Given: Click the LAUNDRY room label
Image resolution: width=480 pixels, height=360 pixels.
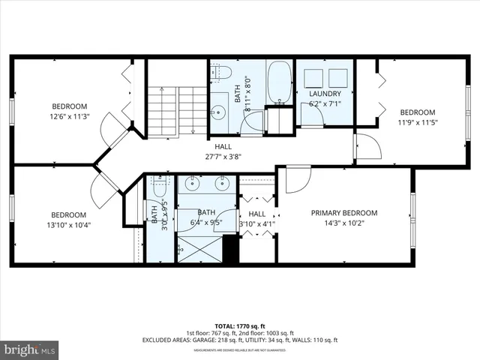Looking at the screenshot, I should point(325,94).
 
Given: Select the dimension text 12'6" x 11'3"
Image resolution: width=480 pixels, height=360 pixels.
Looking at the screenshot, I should point(70,115).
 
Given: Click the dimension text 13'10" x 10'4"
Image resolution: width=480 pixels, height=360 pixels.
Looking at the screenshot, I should point(70,225).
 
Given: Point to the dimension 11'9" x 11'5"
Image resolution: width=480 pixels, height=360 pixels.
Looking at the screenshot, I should point(416,121).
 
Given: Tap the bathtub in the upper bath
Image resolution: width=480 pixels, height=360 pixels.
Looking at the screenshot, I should point(279,82).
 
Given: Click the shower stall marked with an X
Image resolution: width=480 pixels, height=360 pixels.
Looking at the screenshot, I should point(199,247).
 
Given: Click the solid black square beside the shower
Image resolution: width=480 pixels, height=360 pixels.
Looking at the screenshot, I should point(231,250).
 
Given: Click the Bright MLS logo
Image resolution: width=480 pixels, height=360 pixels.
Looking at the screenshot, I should point(30,349).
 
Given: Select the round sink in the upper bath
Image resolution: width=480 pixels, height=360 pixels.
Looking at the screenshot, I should point(220,111).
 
